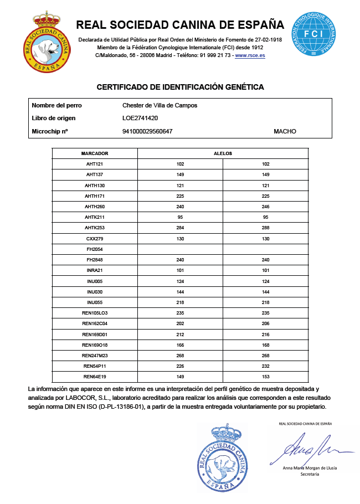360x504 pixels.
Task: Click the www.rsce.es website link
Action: (x=250, y=56)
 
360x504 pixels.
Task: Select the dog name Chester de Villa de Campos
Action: (x=160, y=105)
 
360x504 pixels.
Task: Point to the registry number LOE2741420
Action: (x=141, y=118)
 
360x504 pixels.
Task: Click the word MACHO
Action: (x=285, y=131)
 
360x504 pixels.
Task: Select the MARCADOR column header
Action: (x=95, y=153)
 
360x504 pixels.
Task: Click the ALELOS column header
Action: (x=223, y=153)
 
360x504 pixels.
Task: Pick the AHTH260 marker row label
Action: (x=95, y=207)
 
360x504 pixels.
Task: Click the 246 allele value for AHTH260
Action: (x=265, y=207)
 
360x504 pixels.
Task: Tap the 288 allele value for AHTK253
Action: (x=265, y=228)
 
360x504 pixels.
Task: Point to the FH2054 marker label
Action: (x=95, y=249)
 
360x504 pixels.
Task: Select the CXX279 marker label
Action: (x=95, y=239)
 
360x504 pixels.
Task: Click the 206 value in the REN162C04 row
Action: (x=265, y=323)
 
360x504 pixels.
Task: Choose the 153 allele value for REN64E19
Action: (x=265, y=377)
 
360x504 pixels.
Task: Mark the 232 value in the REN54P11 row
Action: (x=265, y=366)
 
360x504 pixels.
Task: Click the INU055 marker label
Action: (x=95, y=302)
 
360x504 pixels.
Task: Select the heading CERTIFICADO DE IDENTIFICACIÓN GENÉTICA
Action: (x=180, y=88)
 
